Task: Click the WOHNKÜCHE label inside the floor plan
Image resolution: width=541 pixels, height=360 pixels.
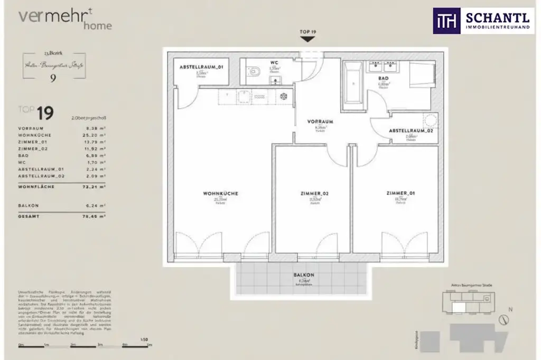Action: (x=220, y=194)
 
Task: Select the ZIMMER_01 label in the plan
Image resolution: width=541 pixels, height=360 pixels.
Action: (x=400, y=194)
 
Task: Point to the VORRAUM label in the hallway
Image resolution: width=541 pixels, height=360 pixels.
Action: (x=320, y=121)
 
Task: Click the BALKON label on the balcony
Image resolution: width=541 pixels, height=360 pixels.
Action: (x=304, y=275)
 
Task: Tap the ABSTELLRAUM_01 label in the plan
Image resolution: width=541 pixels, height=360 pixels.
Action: (x=201, y=68)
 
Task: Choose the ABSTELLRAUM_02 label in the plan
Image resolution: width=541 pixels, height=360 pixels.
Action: (x=411, y=130)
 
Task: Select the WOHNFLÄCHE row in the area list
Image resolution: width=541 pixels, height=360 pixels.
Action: (x=62, y=187)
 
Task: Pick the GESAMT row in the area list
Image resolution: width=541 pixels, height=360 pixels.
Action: (x=62, y=216)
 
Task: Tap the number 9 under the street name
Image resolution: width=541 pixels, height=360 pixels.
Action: (x=53, y=79)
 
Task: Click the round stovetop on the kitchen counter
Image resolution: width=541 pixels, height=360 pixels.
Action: (x=284, y=97)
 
